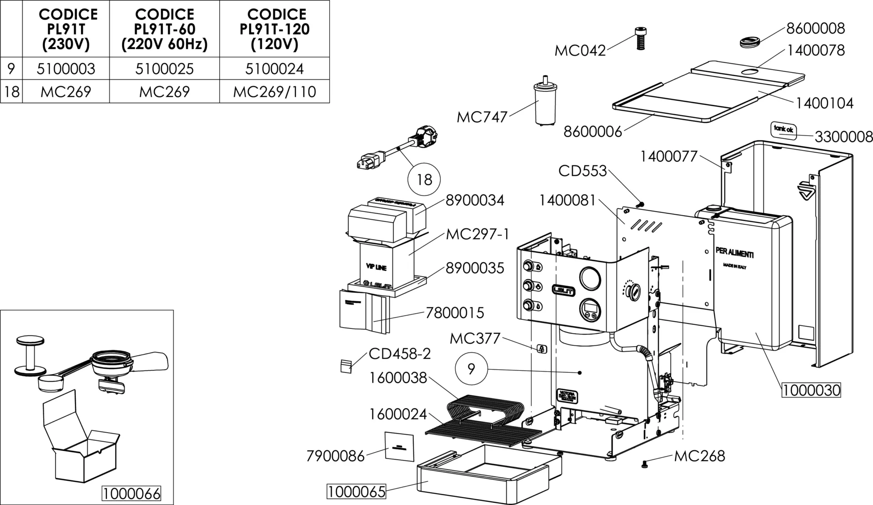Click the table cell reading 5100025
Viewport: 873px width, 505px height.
tap(164, 69)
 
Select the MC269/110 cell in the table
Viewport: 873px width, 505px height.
tap(274, 92)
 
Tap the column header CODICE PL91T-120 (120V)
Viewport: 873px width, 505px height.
tap(274, 29)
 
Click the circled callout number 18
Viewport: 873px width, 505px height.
tap(424, 179)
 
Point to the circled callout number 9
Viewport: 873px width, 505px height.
tap(471, 369)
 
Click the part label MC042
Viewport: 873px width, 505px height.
tap(580, 50)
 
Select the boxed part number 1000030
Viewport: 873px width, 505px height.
tap(811, 390)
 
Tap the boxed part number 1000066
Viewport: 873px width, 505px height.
tap(131, 494)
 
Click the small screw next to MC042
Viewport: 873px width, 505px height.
tap(640, 38)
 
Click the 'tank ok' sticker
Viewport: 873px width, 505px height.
tap(783, 129)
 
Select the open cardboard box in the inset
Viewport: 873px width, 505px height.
tap(82, 450)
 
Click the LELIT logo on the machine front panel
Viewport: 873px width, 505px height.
tap(563, 290)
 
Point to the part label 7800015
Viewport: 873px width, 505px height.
tap(455, 313)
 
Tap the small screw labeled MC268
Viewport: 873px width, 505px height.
tap(644, 464)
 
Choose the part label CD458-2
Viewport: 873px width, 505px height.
tap(399, 353)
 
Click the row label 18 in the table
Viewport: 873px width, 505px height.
tap(11, 92)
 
